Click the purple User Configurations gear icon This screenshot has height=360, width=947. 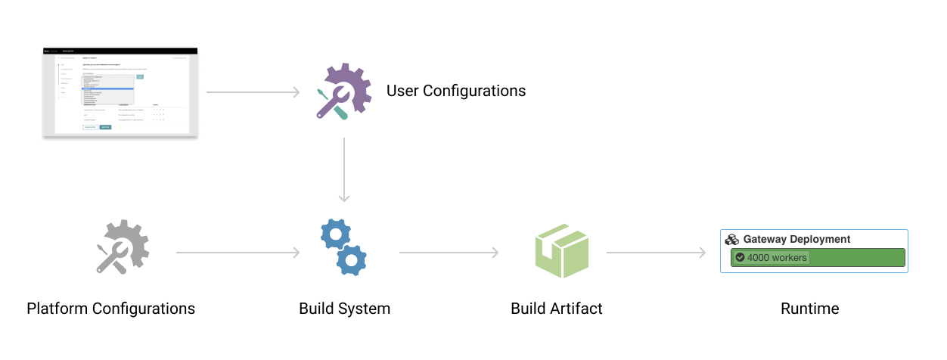pyautogui.click(x=343, y=92)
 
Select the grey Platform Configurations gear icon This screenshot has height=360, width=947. pyautogui.click(x=122, y=247)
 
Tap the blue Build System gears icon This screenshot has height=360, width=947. pyautogui.click(x=344, y=248)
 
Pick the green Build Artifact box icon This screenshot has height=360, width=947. pyautogui.click(x=561, y=250)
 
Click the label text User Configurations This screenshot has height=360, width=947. pyautogui.click(x=455, y=91)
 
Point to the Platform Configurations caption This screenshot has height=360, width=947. pyautogui.click(x=110, y=309)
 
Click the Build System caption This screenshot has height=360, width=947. pyautogui.click(x=344, y=309)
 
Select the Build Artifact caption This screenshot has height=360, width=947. pyautogui.click(x=557, y=309)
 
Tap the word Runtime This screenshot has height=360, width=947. pyautogui.click(x=809, y=309)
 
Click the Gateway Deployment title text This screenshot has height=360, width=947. pyautogui.click(x=796, y=239)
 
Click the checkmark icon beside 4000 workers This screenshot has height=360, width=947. pyautogui.click(x=740, y=257)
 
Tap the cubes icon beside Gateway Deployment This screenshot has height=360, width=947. pyautogui.click(x=731, y=239)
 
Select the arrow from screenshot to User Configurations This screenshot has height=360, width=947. pyautogui.click(x=253, y=92)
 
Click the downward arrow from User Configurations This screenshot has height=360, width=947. pyautogui.click(x=344, y=170)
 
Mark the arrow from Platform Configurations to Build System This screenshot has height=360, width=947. pyautogui.click(x=238, y=253)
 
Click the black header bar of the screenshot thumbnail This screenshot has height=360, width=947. pyautogui.click(x=120, y=51)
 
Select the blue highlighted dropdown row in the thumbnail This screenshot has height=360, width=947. pyautogui.click(x=108, y=88)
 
